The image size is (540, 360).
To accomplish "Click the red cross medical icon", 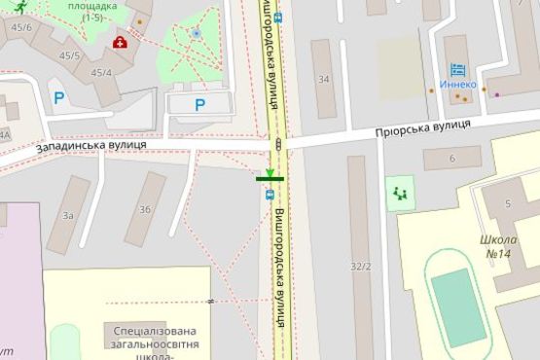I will click(120, 42).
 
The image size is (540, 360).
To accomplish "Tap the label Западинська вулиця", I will click(91, 145).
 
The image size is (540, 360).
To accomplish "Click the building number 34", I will click(323, 80).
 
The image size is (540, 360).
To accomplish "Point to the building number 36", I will click(145, 209).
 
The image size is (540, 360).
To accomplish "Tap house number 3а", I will click(68, 215).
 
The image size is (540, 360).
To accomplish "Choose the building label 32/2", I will click(361, 267).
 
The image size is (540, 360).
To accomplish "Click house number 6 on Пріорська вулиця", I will click(452, 159).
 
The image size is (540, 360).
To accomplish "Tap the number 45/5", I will click(69, 55).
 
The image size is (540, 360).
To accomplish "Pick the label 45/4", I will click(101, 73).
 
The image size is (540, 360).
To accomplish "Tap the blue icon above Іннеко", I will click(457, 69).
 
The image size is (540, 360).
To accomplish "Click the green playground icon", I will click(400, 195).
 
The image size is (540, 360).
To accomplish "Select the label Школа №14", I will click(496, 247).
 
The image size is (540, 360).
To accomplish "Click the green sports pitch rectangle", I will click(458, 307).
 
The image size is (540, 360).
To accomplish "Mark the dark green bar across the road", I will click(270, 178).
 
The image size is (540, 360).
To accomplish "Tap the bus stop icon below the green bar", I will click(270, 194).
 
